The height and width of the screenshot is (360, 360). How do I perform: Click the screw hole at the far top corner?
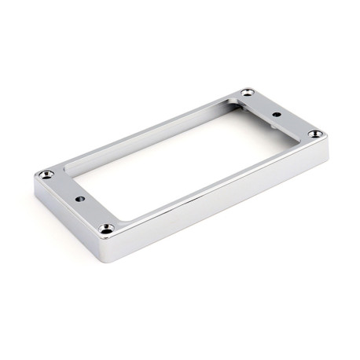coord(248,93)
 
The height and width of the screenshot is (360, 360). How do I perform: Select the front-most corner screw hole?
coord(108,228)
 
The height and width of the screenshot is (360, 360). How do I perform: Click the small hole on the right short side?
coord(277,115)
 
